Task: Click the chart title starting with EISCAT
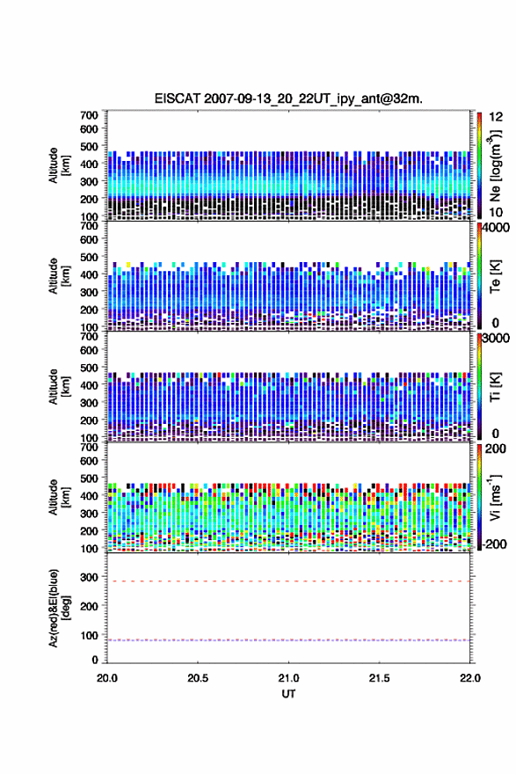[288, 99]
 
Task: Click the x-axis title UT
[288, 694]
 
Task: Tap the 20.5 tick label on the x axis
[198, 678]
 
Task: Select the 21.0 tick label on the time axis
[288, 678]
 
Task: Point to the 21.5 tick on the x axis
[380, 678]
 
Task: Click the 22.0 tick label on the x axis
[470, 678]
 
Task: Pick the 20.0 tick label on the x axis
[107, 678]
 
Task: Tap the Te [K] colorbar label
[496, 276]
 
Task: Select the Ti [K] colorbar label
[496, 387]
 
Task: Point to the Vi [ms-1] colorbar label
[496, 498]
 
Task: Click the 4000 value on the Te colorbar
[497, 228]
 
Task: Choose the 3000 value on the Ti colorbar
[497, 339]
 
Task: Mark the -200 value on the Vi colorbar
[494, 544]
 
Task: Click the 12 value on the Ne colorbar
[496, 117]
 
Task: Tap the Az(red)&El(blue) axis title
[59, 608]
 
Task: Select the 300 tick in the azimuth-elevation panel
[90, 577]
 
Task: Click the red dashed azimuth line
[288, 581]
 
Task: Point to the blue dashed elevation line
[288, 640]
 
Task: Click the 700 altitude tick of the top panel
[90, 115]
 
